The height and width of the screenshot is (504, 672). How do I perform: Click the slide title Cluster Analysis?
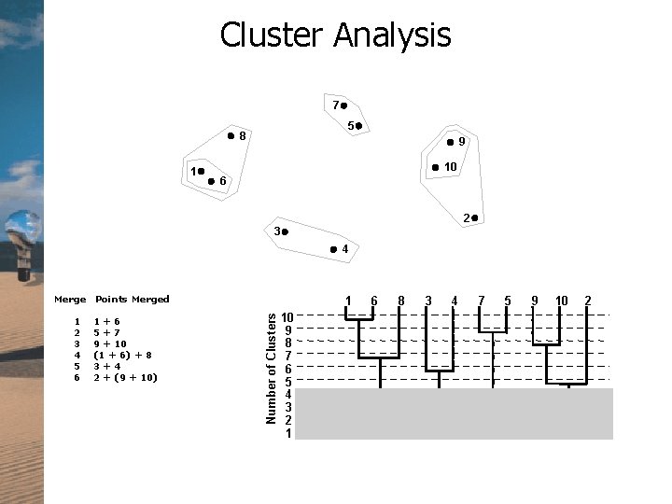[x=335, y=35]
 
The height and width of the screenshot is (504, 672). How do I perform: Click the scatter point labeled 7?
[x=343, y=105]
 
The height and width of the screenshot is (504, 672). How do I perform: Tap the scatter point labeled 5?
[x=359, y=125]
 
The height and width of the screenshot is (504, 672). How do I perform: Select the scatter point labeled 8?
[x=231, y=136]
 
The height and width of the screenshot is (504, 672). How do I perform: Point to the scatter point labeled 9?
[x=450, y=142]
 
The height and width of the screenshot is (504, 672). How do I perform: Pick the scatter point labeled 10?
[x=435, y=167]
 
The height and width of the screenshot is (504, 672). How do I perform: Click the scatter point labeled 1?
[x=201, y=171]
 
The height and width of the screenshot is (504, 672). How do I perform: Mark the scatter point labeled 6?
[x=212, y=180]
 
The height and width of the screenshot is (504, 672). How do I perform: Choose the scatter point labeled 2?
[x=474, y=218]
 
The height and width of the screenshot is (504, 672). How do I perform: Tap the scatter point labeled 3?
[x=286, y=230]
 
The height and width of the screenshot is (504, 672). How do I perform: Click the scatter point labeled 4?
[x=333, y=249]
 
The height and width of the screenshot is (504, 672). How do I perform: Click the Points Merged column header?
[x=133, y=300]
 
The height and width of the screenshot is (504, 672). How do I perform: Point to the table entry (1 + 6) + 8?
[x=123, y=356]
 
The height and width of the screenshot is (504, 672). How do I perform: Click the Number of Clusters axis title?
[x=271, y=368]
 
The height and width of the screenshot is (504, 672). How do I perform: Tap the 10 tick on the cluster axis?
[x=289, y=317]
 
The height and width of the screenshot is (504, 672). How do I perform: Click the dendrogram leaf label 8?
[x=399, y=301]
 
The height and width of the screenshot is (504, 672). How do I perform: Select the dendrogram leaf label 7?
[x=480, y=301]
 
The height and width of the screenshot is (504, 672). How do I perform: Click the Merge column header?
[x=70, y=300]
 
